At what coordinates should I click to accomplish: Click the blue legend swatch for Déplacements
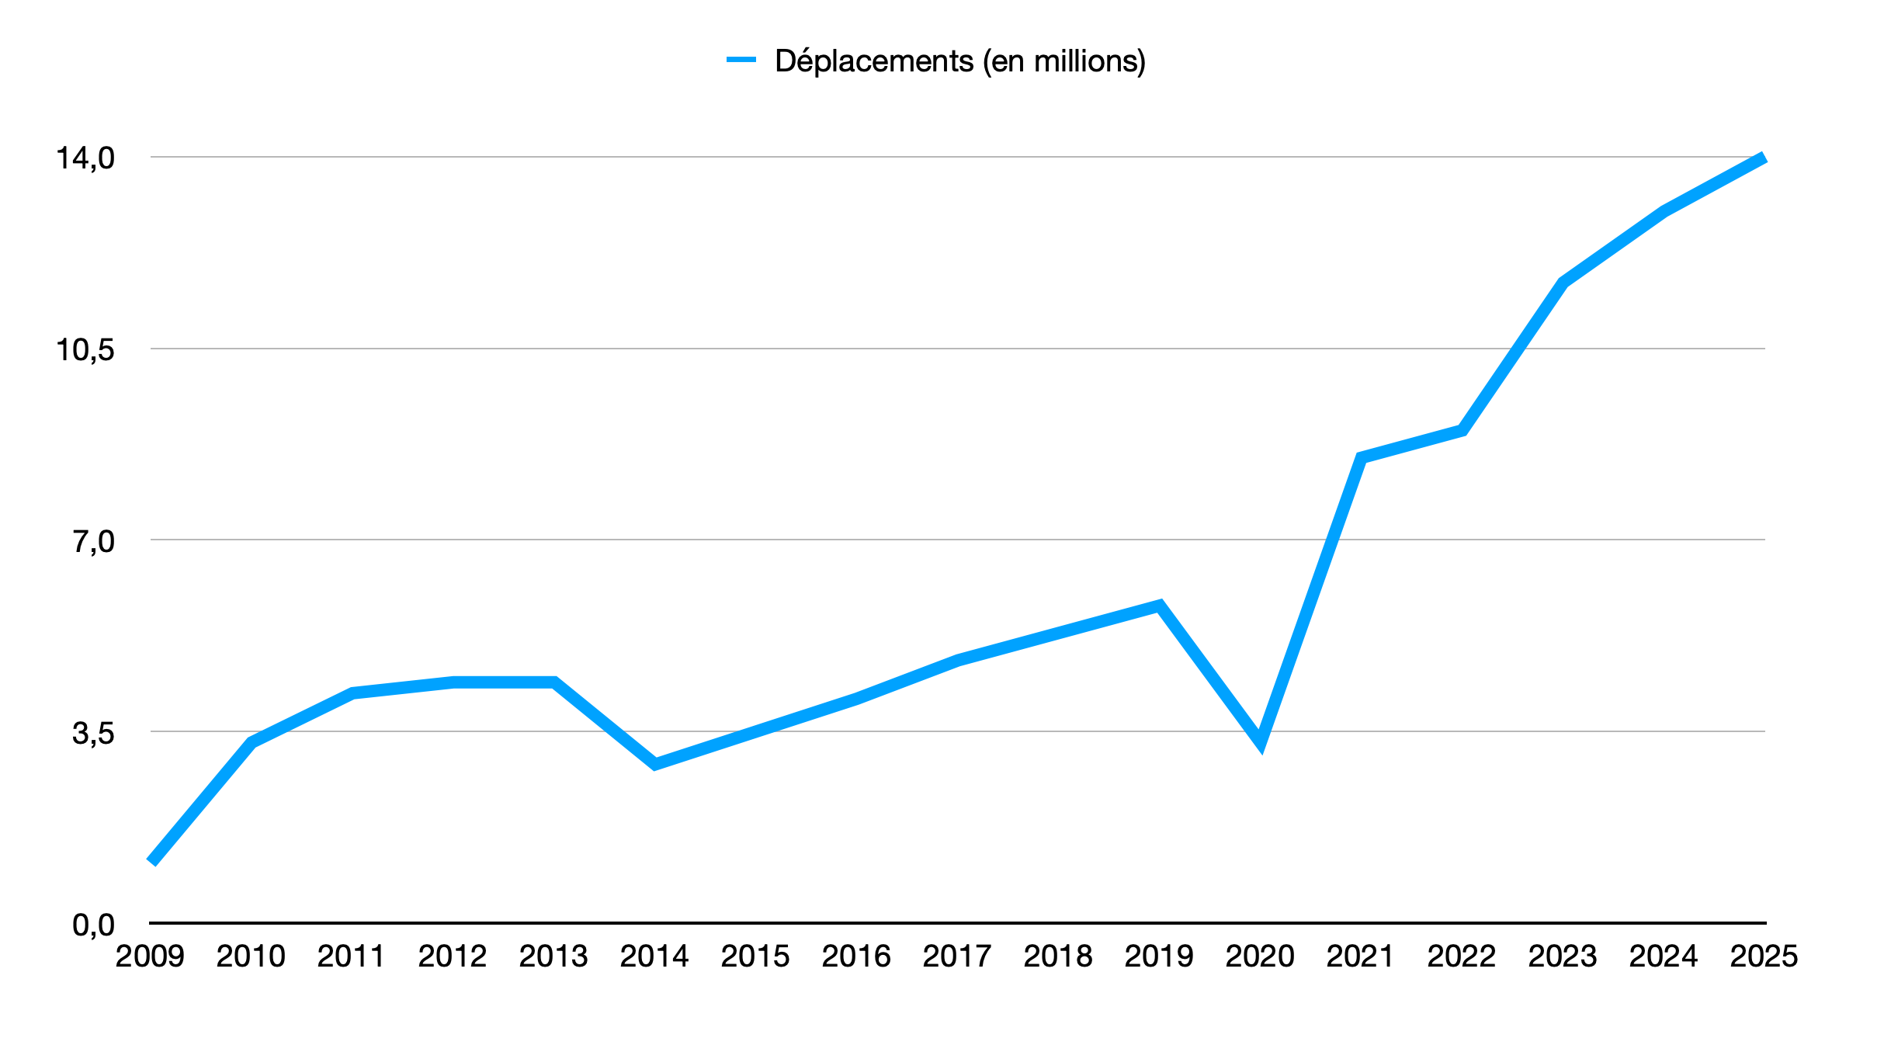coord(741,60)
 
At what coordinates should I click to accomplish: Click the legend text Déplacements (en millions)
coord(959,61)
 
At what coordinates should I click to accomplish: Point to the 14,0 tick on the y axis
coord(85,158)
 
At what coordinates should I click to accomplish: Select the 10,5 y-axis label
coord(85,350)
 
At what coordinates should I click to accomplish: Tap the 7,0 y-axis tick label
coord(93,541)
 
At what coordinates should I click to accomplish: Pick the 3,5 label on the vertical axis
coord(93,733)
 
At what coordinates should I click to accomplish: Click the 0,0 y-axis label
coord(93,925)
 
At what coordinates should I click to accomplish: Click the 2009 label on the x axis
coord(150,956)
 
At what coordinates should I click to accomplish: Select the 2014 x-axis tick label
coord(654,956)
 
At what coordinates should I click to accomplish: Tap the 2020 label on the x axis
coord(1260,956)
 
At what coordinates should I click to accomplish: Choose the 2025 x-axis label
coord(1764,956)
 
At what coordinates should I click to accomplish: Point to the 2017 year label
coord(957,956)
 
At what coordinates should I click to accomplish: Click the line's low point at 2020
coord(1260,741)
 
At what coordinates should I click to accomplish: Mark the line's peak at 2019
coord(1159,606)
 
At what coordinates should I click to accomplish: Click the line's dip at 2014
coord(655,764)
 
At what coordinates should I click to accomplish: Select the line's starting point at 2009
coord(152,861)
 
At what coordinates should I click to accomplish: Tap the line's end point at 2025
coord(1764,158)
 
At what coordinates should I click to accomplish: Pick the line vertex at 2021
coord(1361,457)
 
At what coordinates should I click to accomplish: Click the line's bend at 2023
coord(1563,282)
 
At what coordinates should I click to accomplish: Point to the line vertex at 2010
coord(252,742)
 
